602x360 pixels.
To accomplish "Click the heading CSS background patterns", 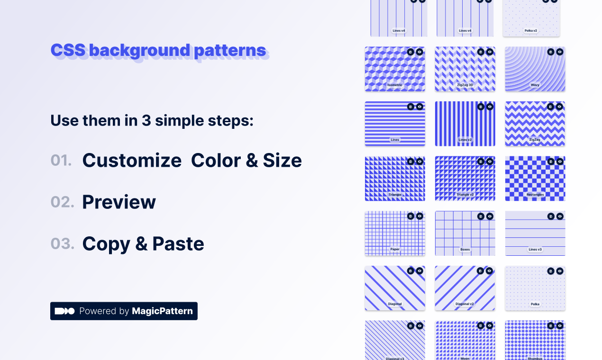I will (x=158, y=50).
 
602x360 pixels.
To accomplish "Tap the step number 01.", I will (x=61, y=161).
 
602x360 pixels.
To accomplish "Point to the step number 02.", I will (x=62, y=202).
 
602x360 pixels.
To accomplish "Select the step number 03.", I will (x=62, y=244).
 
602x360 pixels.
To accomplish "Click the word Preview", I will (x=119, y=202).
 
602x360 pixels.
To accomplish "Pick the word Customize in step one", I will (x=132, y=161).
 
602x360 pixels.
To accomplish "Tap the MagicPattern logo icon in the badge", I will (x=64, y=311).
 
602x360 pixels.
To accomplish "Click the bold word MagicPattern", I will (x=162, y=311).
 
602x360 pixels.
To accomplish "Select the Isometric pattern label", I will (x=395, y=85).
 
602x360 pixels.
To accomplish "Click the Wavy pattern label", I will (x=535, y=85).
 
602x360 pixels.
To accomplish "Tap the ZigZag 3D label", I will (x=465, y=85).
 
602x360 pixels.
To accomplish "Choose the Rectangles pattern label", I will (x=535, y=195).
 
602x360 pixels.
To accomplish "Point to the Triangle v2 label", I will (x=465, y=195).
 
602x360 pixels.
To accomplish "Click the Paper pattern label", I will (x=395, y=249).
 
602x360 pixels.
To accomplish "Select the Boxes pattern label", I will (x=465, y=249).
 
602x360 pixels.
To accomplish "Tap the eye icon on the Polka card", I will (x=560, y=271).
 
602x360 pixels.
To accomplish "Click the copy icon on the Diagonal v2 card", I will (x=481, y=271).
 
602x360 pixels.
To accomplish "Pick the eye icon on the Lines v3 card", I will (x=560, y=216).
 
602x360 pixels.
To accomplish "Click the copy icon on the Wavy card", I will (x=551, y=52).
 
